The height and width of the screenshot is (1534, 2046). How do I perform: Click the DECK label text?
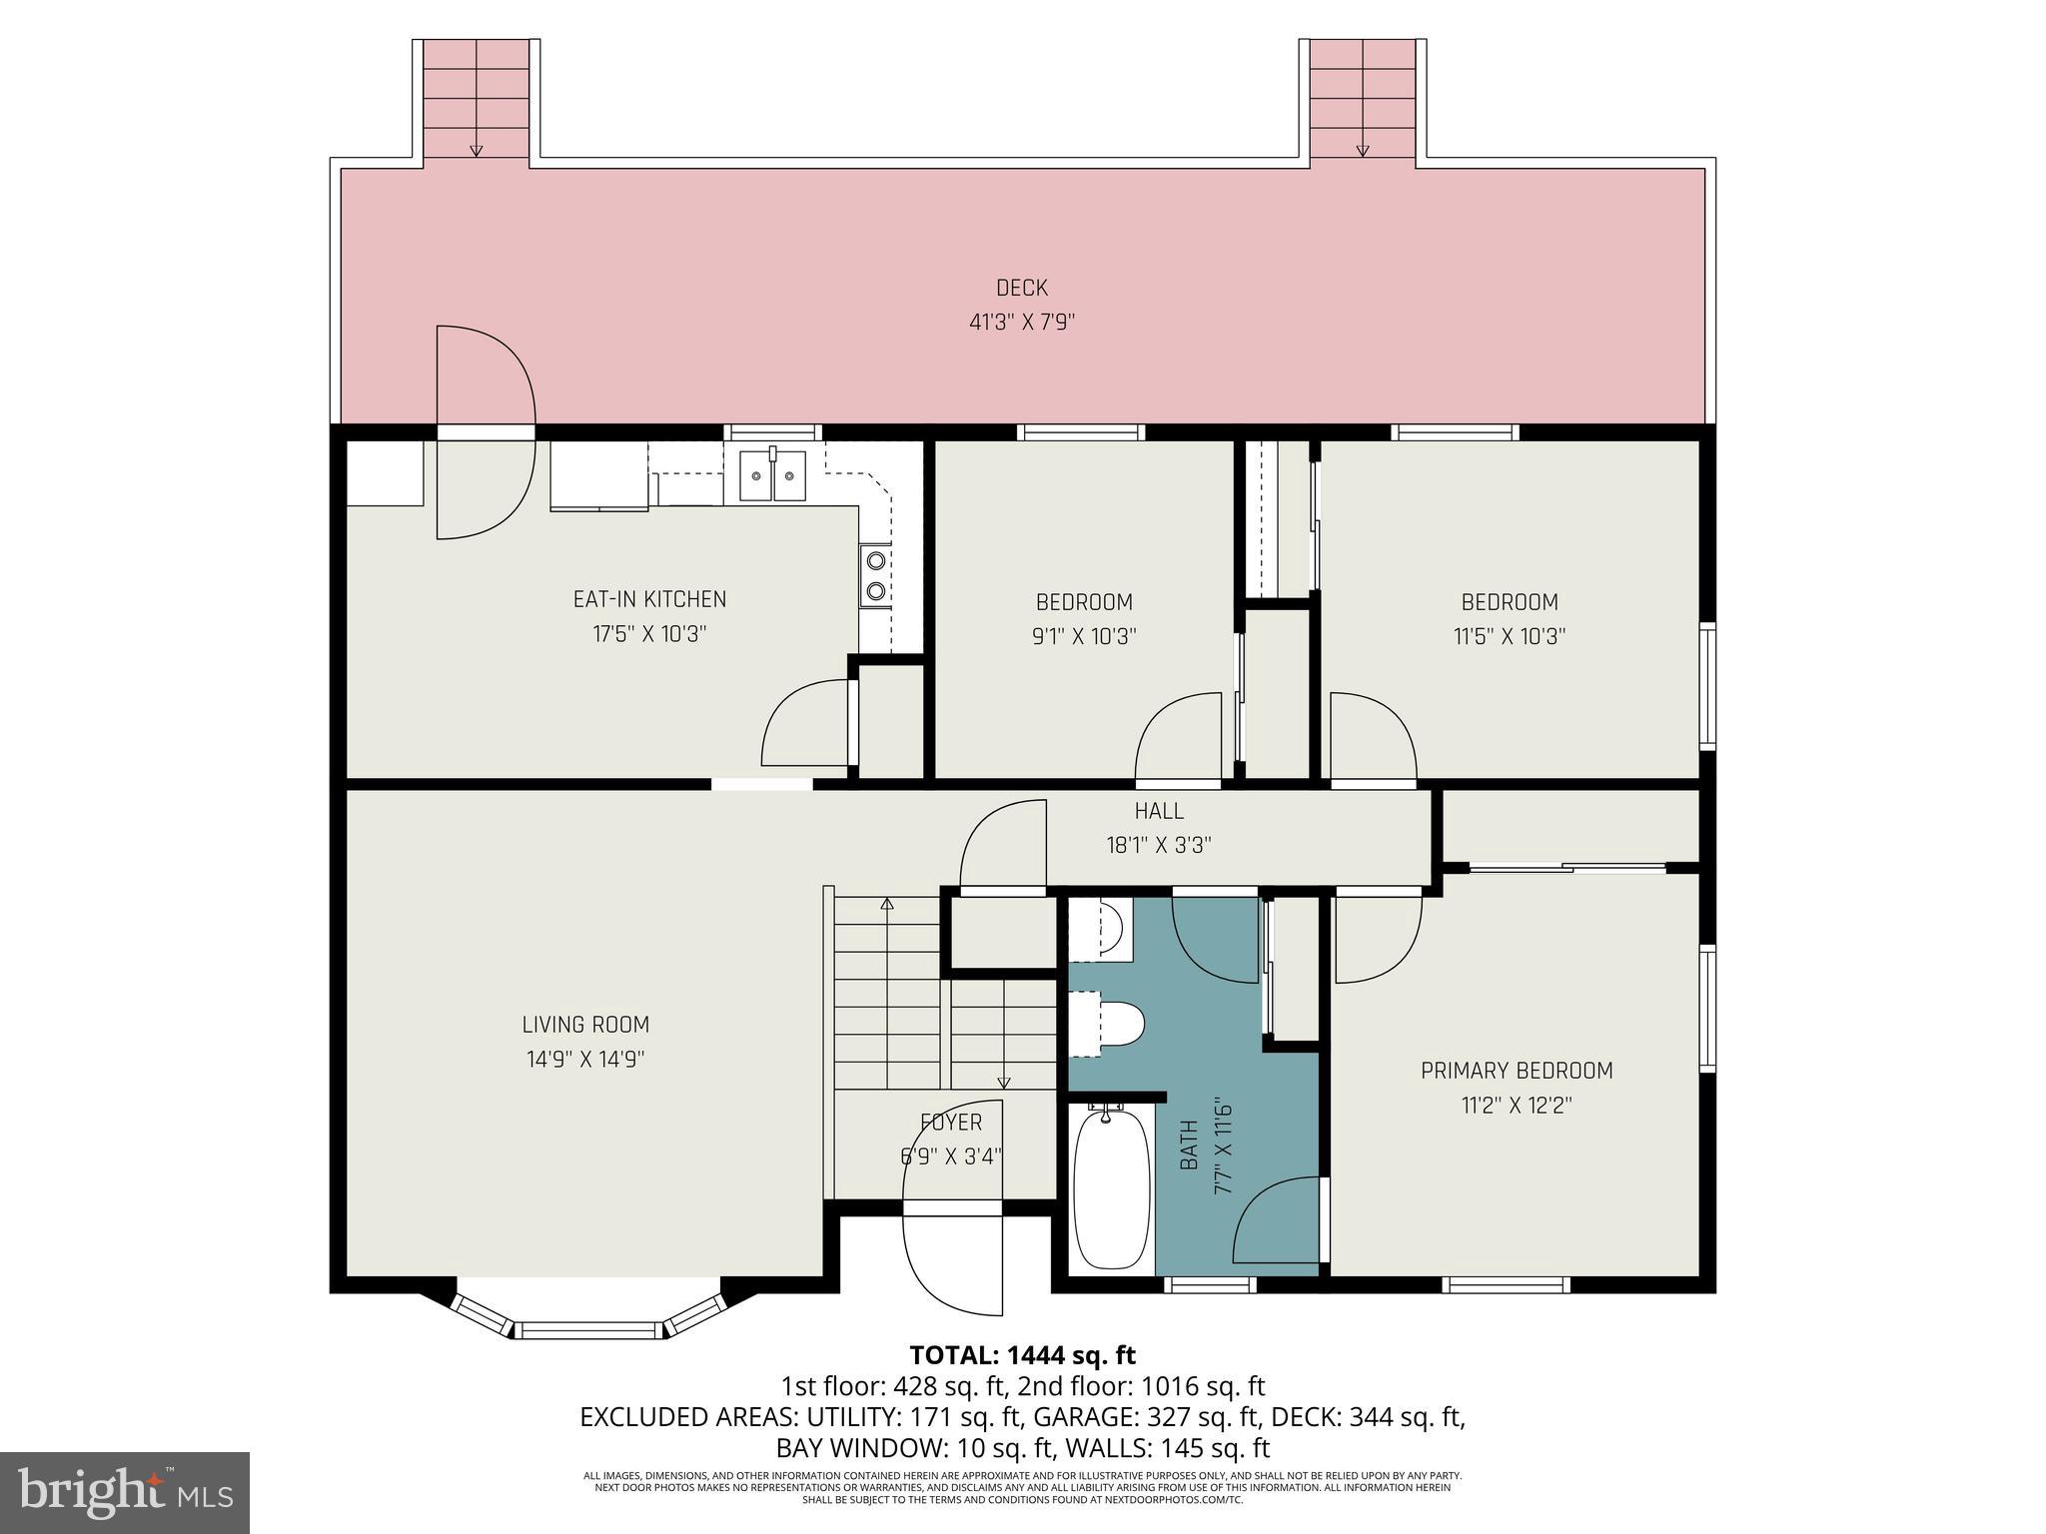(x=1021, y=289)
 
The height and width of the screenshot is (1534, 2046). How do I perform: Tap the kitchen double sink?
(x=772, y=476)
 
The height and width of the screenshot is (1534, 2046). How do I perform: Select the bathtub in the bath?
(x=1110, y=1188)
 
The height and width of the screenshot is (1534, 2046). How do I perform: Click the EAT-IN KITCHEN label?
(x=649, y=599)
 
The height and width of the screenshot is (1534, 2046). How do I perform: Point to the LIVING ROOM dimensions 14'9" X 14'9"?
(x=585, y=1060)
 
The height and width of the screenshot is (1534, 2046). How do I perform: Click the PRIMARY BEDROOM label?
(x=1516, y=1071)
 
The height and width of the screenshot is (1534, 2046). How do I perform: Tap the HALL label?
(x=1159, y=811)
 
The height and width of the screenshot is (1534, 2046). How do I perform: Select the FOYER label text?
(x=951, y=1123)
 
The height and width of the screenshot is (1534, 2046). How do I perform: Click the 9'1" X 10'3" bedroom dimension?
(x=1084, y=636)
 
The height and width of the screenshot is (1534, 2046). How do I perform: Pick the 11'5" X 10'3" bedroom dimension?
(x=1509, y=636)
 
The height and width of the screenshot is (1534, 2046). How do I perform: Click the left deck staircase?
(x=477, y=100)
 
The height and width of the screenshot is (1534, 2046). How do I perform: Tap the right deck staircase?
(x=1362, y=100)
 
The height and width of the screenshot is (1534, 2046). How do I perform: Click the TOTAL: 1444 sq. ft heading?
(x=1022, y=1355)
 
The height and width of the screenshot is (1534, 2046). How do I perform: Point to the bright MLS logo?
(x=125, y=1492)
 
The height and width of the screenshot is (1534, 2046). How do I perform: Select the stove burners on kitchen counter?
(x=875, y=575)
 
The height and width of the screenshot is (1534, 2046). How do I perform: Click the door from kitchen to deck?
(x=484, y=432)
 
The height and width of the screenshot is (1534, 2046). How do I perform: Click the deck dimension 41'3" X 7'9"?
(x=1021, y=323)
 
